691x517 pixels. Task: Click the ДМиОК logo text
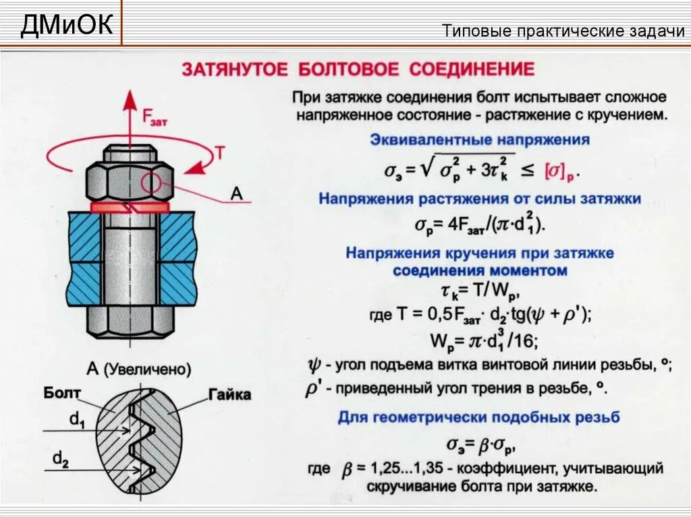point(66,26)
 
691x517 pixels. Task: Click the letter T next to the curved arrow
point(219,153)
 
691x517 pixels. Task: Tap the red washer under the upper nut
point(128,207)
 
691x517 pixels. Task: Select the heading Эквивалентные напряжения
point(480,141)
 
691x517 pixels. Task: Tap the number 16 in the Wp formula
point(524,340)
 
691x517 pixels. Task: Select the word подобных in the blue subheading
point(535,417)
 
